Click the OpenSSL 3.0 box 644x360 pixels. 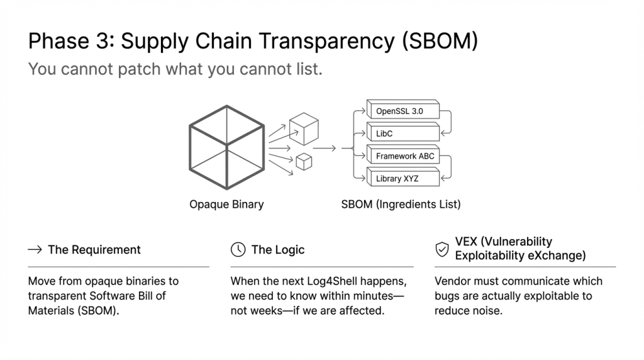point(403,110)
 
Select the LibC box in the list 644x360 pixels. point(403,132)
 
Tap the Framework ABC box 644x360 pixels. point(403,155)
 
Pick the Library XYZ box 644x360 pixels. point(403,177)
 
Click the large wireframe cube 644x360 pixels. point(226,147)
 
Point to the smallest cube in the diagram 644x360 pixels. point(304,162)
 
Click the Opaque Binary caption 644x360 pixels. point(226,205)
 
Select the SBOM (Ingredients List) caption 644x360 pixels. point(401,205)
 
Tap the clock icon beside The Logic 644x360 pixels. point(238,249)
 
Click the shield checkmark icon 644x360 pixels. point(442,249)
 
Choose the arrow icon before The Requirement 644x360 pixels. point(35,249)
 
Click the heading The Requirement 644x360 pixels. point(94,249)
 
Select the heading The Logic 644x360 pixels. point(277,249)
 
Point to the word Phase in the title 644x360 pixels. point(58,41)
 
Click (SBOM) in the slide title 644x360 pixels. point(440,41)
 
